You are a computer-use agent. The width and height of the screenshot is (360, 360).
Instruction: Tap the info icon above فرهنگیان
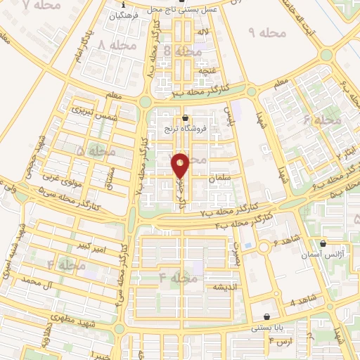click(122, 4)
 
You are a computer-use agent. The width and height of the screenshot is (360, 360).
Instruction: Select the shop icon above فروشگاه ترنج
click(185, 119)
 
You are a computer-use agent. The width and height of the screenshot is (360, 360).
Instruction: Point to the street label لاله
click(204, 32)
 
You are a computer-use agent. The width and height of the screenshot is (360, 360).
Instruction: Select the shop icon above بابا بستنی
click(266, 317)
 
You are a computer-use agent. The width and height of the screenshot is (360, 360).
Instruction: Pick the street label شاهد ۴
click(302, 301)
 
